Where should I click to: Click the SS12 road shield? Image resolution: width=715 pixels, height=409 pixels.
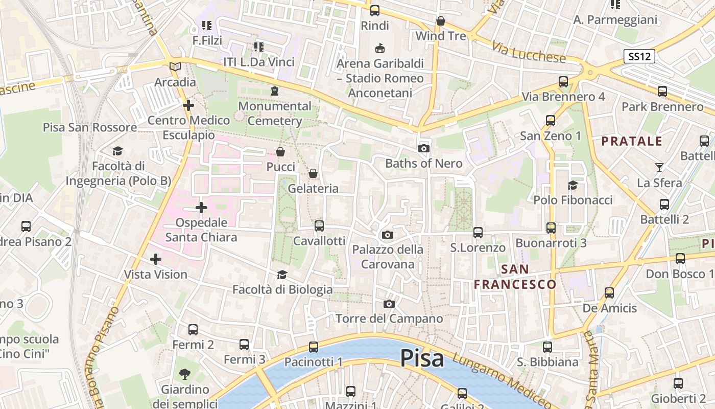(x=639, y=56)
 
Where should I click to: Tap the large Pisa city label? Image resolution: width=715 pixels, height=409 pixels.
(x=422, y=358)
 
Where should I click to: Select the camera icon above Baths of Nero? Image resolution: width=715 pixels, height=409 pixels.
(x=423, y=149)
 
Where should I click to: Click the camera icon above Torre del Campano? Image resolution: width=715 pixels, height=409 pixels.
(x=389, y=304)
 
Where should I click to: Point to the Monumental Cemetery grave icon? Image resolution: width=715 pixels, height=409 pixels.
(x=275, y=91)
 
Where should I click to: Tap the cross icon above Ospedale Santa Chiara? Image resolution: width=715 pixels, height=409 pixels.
(x=201, y=208)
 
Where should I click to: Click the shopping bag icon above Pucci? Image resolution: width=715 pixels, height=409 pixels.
(x=280, y=152)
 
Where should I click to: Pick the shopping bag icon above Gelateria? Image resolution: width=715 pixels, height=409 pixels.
(x=313, y=174)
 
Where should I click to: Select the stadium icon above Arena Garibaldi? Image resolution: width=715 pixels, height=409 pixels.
(x=379, y=49)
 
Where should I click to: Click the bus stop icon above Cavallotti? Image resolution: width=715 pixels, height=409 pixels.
(x=319, y=225)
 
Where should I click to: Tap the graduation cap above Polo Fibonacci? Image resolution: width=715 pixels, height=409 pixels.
(x=573, y=185)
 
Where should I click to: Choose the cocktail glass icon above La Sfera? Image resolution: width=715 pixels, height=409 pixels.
(x=659, y=167)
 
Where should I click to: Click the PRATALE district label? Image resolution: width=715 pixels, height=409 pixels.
(x=632, y=142)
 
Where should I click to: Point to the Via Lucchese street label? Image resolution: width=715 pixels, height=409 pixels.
(x=529, y=53)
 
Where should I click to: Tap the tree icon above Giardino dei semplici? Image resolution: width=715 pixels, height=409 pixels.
(x=185, y=374)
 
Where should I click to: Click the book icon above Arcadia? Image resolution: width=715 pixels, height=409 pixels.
(x=175, y=66)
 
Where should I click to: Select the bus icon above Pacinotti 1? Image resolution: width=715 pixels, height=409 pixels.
(x=313, y=347)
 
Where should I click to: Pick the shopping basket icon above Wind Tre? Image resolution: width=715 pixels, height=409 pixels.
(x=441, y=21)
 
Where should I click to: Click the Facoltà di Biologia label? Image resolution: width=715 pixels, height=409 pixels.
(x=282, y=290)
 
